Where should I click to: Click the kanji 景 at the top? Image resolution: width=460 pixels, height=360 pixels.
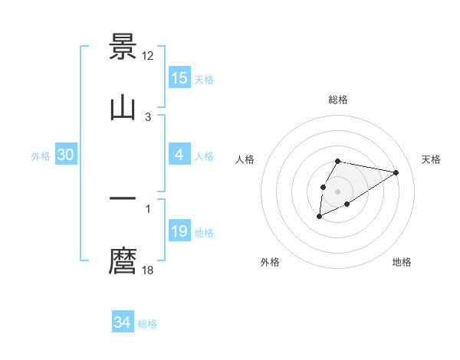click(123, 47)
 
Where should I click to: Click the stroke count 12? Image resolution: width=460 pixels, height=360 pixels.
click(149, 55)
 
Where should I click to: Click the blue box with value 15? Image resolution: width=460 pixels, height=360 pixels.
click(179, 78)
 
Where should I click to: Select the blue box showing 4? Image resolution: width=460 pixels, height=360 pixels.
click(179, 155)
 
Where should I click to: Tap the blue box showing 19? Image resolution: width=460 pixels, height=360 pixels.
click(179, 231)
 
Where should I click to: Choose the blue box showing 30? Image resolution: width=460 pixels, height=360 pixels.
click(66, 155)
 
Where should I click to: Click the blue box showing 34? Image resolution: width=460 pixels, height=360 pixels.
click(123, 322)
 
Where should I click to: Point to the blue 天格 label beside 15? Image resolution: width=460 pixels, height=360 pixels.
click(204, 80)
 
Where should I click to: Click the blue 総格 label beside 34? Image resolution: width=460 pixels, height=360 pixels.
click(147, 324)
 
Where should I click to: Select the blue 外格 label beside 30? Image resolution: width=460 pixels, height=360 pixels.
click(41, 156)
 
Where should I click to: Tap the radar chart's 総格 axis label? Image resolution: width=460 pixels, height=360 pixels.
click(337, 100)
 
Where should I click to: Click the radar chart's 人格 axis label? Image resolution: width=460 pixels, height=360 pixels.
click(245, 159)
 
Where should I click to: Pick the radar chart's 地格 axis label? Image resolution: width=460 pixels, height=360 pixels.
click(402, 262)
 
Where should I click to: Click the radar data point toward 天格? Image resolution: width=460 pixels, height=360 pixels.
click(396, 172)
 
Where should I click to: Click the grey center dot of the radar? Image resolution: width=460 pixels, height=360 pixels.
click(337, 190)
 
